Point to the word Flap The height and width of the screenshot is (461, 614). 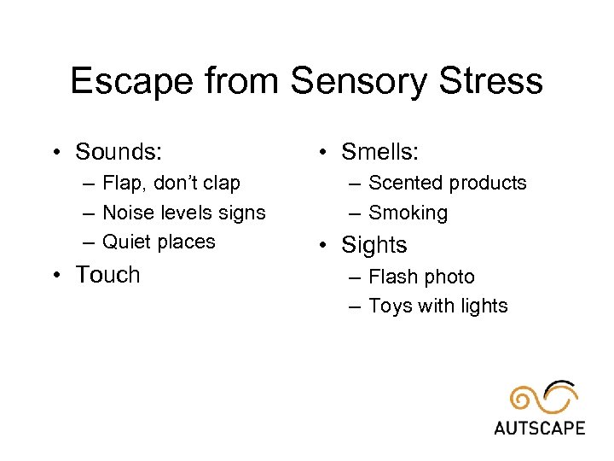point(123,183)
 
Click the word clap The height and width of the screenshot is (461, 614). point(220,183)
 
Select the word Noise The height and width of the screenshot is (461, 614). point(126,213)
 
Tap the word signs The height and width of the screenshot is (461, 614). point(241,213)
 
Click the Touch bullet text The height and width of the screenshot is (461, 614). point(107,275)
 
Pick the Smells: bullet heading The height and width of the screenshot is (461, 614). point(379,152)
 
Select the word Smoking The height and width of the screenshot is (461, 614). point(408,213)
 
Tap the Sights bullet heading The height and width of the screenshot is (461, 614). point(374,245)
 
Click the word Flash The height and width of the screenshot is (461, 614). point(392,277)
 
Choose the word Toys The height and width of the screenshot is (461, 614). point(391,306)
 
